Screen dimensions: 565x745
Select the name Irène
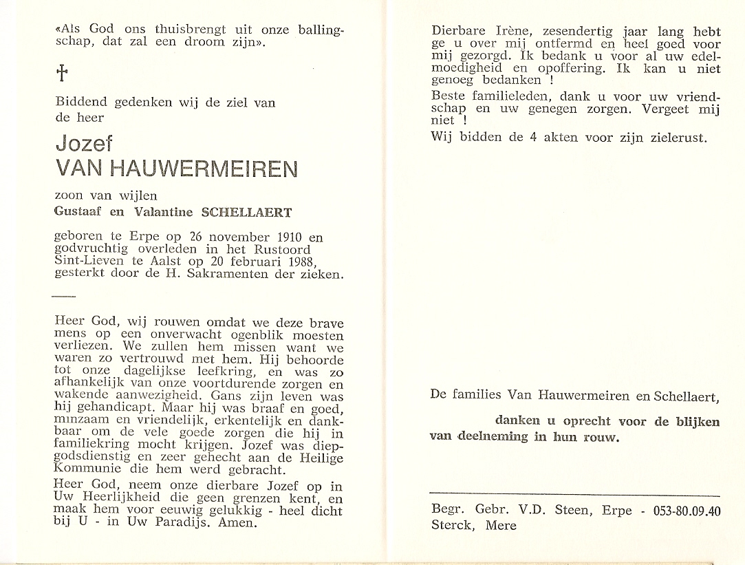point(510,31)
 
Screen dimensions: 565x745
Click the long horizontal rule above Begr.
point(574,495)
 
